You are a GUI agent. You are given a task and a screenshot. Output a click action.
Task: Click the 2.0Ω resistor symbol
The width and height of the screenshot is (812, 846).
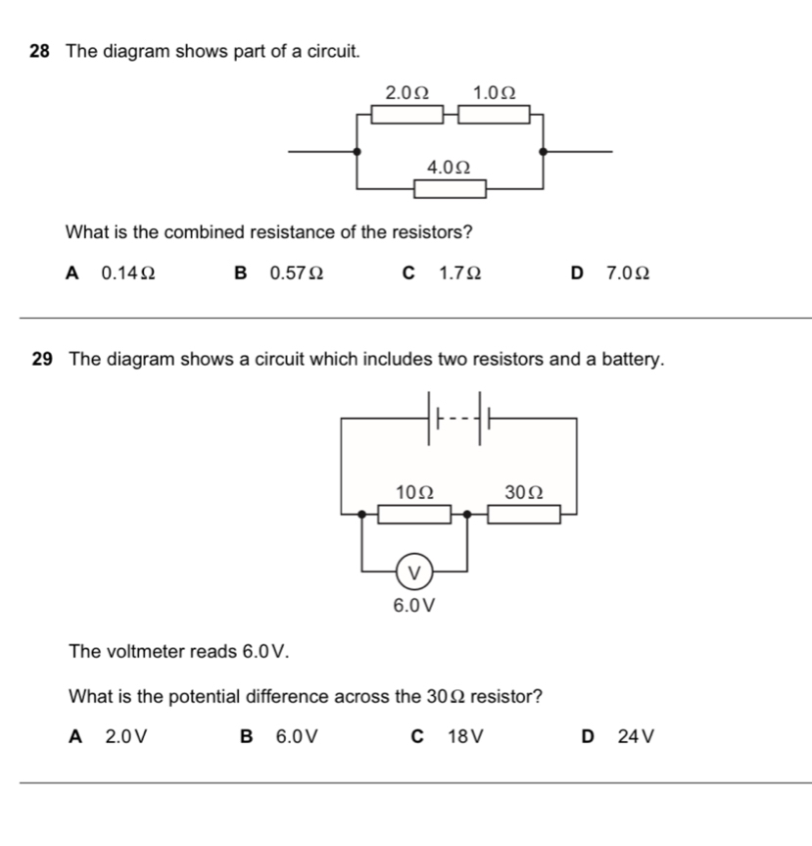tap(406, 115)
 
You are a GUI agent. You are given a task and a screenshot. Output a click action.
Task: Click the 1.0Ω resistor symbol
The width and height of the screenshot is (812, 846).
tap(495, 115)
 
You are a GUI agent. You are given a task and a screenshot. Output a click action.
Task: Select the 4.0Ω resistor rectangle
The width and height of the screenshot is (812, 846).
tap(451, 188)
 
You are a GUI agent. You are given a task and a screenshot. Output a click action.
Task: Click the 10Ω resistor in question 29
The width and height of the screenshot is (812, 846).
tap(414, 514)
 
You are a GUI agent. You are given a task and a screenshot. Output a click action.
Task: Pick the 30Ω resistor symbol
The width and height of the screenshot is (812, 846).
tap(525, 514)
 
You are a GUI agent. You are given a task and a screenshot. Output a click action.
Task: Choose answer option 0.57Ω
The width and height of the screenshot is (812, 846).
tap(297, 274)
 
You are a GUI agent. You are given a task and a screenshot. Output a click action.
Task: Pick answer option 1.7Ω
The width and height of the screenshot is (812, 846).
tap(459, 274)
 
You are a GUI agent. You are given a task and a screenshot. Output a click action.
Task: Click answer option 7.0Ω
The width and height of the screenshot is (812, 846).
tap(628, 274)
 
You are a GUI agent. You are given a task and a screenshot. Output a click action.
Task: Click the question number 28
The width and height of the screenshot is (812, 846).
tap(40, 51)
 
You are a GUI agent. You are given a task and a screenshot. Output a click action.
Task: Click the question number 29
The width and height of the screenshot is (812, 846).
tap(41, 360)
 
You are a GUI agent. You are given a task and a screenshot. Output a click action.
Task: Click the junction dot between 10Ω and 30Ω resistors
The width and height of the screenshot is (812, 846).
tap(467, 513)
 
